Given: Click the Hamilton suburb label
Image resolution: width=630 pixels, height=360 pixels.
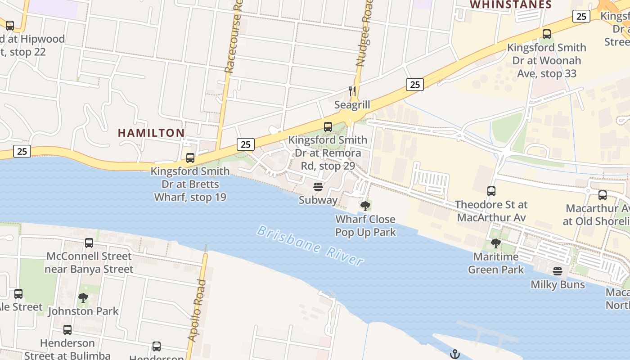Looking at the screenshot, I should pos(151,133).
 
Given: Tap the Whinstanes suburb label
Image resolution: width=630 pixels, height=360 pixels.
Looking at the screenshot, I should pos(511,5).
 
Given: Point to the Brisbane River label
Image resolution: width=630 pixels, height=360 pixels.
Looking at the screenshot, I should pos(310,246).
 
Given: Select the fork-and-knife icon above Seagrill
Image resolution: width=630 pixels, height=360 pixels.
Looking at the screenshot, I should pos(352,91).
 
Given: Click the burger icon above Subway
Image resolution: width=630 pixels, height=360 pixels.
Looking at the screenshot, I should pos(318,187).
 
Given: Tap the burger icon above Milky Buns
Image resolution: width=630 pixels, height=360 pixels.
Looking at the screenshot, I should pos(558,271).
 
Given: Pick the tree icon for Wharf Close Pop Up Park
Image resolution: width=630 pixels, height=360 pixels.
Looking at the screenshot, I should pos(365,206).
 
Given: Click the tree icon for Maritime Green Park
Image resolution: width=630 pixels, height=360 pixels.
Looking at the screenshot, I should pos(496,243).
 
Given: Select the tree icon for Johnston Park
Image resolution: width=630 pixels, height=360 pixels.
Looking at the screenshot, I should pos(83,297).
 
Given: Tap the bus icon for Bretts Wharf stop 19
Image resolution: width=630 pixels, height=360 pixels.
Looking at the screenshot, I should pos(190,158).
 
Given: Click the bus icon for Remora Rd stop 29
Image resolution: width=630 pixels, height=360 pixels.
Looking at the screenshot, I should pos(328,127).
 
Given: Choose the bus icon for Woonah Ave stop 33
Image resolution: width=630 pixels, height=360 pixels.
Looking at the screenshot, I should pos(547,34).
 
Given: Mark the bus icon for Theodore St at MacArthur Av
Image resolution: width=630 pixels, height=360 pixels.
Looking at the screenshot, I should pos(491,191).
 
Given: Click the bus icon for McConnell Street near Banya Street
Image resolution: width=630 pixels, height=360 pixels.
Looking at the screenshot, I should pos(89,243).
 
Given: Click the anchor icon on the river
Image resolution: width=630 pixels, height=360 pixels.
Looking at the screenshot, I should pos(455,354).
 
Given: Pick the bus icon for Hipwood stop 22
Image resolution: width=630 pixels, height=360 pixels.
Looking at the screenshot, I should pos(10,26).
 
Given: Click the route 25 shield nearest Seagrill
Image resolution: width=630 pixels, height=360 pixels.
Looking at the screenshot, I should pos(414,84).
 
